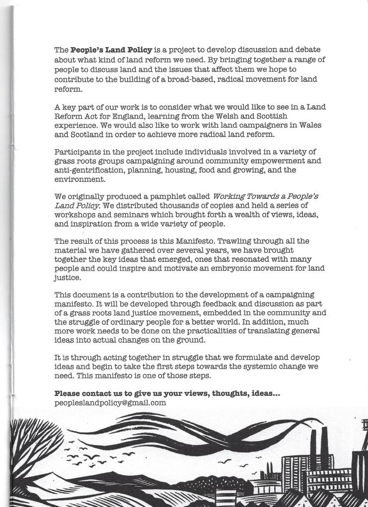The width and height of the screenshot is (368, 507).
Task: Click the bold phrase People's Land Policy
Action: [x=104, y=50]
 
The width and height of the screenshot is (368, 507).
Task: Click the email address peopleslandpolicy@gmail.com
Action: [x=110, y=403]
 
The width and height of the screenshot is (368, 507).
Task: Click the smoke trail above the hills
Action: [x=199, y=436]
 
